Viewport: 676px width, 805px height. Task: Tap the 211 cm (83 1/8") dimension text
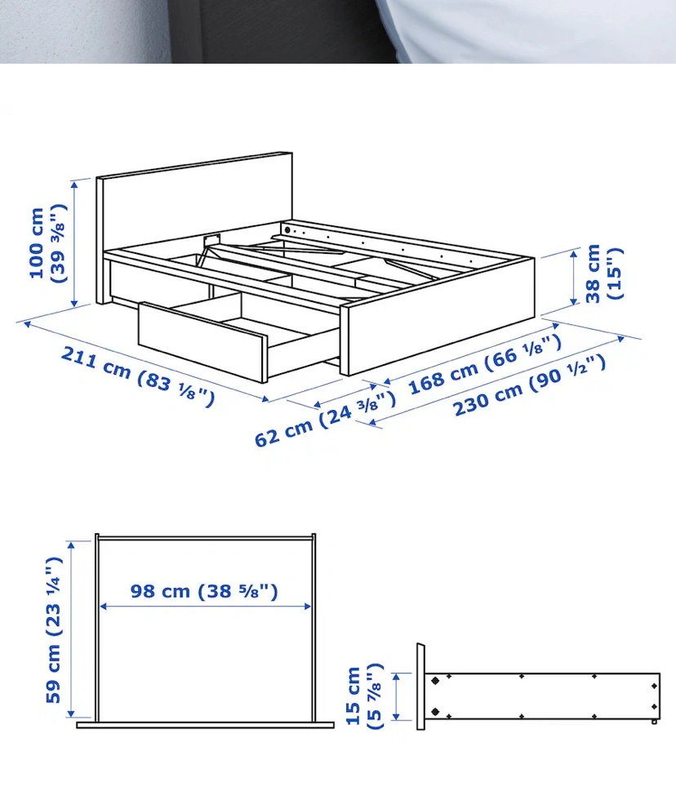[137, 376]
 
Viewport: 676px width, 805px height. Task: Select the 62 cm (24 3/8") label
[325, 418]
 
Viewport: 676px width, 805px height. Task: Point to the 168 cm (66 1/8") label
[484, 364]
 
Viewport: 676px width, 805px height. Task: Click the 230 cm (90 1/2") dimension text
[529, 385]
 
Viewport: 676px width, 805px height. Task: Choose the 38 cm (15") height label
[603, 274]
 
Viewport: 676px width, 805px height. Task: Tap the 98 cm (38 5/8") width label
[204, 591]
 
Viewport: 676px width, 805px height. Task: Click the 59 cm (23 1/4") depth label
[53, 630]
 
